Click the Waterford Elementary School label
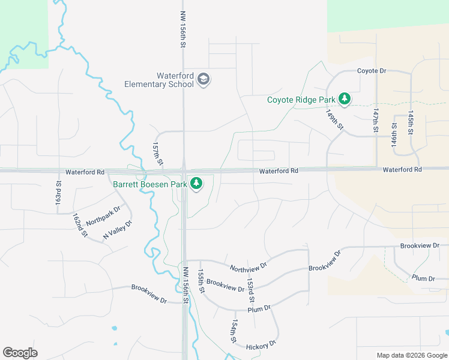pos(158,80)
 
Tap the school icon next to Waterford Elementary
pos(203,80)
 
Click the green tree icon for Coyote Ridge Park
pos(344,98)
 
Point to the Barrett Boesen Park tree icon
pos(196,184)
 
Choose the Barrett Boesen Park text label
pos(150,184)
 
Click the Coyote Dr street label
pos(372,71)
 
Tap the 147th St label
pos(376,121)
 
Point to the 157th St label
pos(157,154)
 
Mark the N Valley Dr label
pos(117,230)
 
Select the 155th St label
pos(202,281)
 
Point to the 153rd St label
pos(252,290)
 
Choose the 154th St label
pos(233,331)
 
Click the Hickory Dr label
pos(261,344)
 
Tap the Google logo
pos(20,353)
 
